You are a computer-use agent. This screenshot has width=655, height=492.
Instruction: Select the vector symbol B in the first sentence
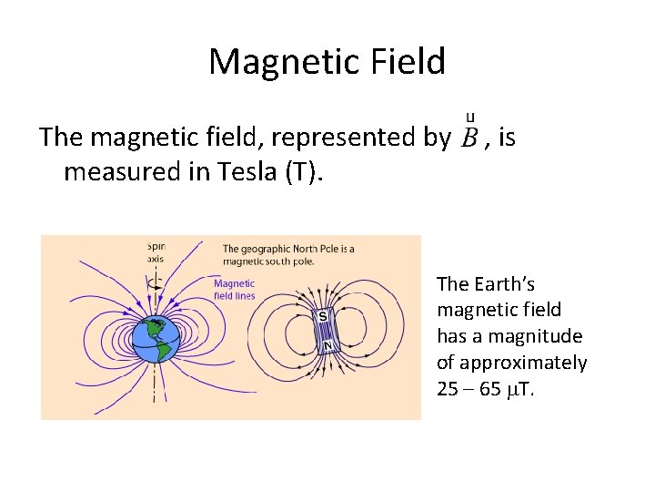469,138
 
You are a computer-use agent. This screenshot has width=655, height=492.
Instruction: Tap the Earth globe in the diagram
156,339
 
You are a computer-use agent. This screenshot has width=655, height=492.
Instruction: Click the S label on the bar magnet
323,316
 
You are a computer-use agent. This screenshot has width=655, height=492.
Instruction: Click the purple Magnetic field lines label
234,289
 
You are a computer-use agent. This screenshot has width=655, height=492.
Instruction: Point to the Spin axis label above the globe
156,251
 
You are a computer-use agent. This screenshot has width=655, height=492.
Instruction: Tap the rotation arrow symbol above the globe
156,283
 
